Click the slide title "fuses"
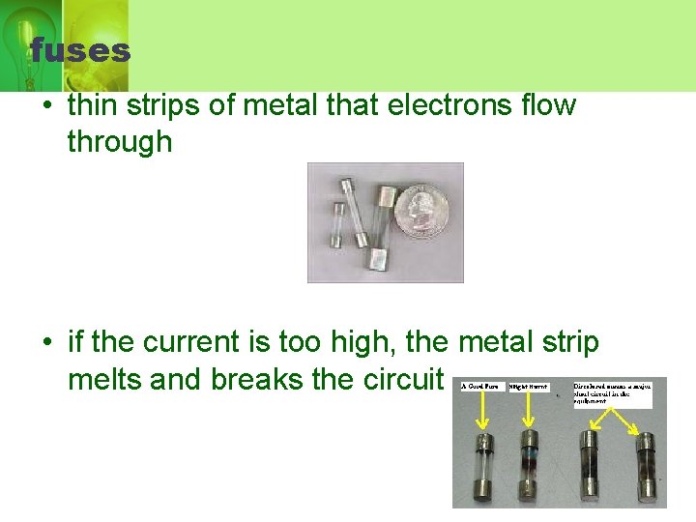click(x=79, y=49)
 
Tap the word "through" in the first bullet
click(x=120, y=142)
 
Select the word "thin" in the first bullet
click(x=93, y=105)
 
